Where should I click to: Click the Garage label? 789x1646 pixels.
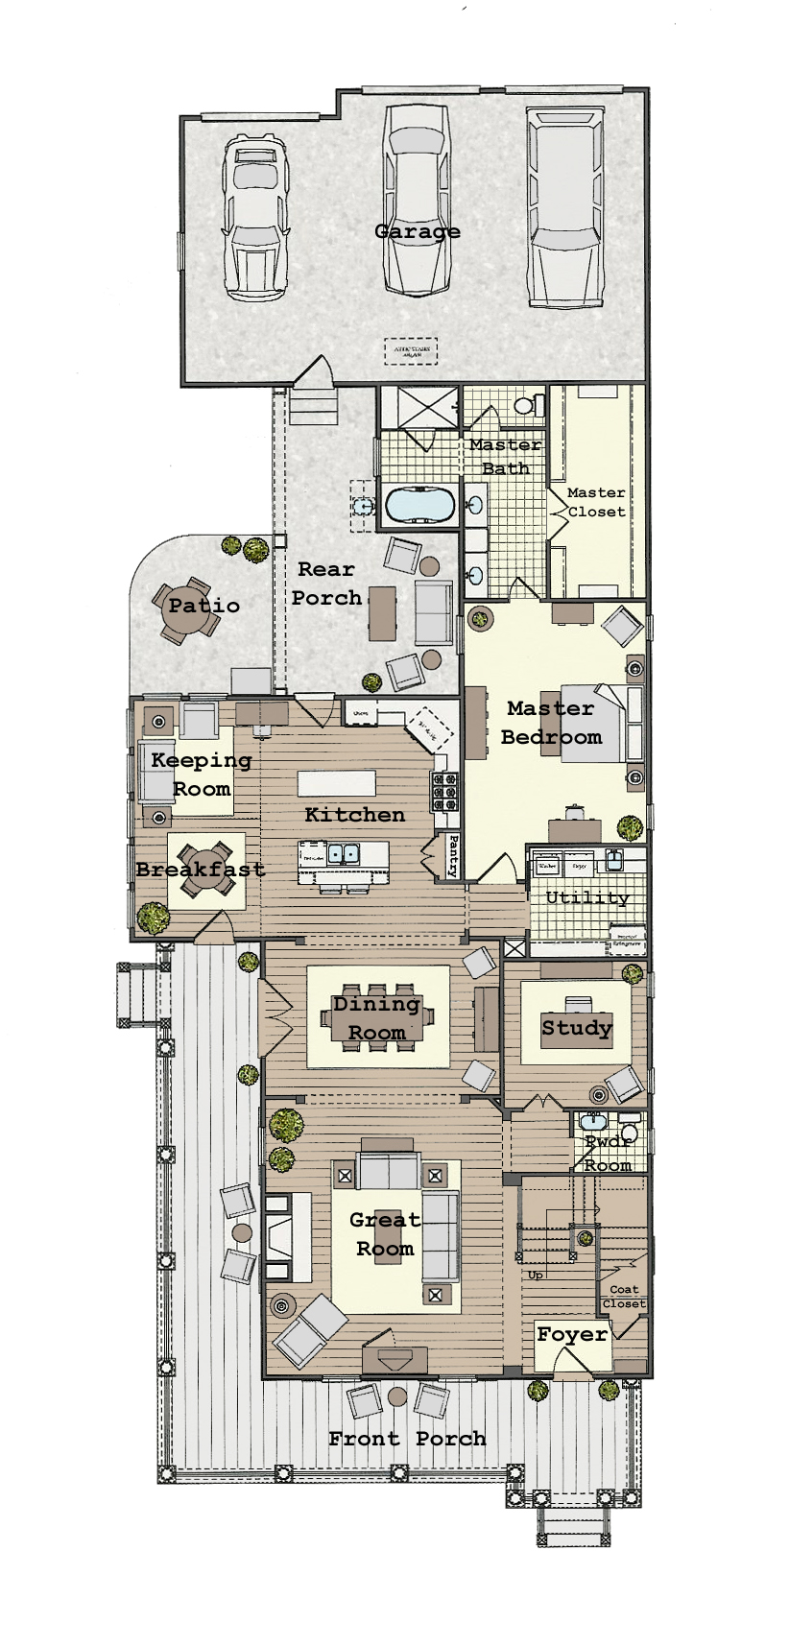(x=417, y=231)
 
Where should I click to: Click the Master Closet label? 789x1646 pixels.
(x=596, y=502)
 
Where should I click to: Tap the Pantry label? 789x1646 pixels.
(x=452, y=855)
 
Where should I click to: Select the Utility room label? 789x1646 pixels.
(x=587, y=897)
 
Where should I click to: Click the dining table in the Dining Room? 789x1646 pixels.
(x=377, y=1017)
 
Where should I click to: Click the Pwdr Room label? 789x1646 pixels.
(x=609, y=1153)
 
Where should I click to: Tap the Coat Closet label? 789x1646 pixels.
(x=624, y=1297)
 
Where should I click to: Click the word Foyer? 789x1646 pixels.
(x=572, y=1334)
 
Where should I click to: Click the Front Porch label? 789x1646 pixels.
(x=407, y=1438)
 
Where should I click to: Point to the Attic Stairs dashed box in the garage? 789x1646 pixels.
(x=411, y=351)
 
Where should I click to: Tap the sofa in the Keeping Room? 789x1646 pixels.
(x=155, y=771)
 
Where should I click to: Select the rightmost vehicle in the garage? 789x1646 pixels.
(x=564, y=206)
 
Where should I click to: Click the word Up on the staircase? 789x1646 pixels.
(x=535, y=1275)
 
